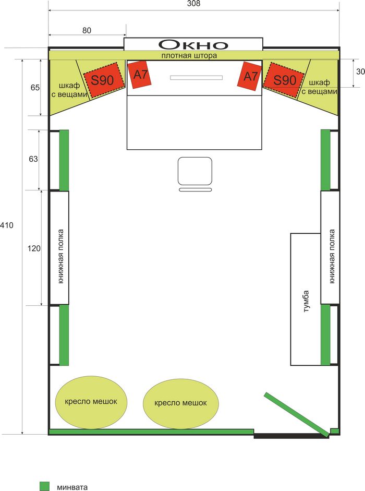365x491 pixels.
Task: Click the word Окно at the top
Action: pos(193,44)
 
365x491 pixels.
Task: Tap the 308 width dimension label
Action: pos(193,4)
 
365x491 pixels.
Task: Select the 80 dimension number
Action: pos(87,30)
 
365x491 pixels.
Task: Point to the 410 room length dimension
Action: pos(7,225)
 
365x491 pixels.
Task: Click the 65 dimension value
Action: pos(35,88)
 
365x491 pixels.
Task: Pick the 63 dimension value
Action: pos(33,159)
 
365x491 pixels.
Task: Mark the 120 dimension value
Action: pos(33,248)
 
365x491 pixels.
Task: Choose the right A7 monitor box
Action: pos(250,76)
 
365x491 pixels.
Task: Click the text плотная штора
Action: pos(189,55)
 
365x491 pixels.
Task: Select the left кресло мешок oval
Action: pos(91,402)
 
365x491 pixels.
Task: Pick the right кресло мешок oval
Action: pos(180,403)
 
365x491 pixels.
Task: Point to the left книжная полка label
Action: pos(60,256)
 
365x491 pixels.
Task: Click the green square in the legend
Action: pos(44,486)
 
